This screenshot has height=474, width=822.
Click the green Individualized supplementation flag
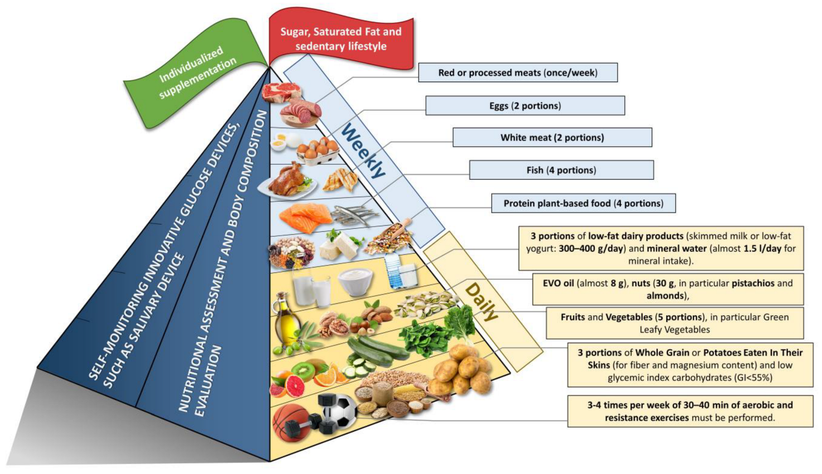pos(197,74)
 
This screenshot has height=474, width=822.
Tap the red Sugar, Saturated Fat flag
pos(341,39)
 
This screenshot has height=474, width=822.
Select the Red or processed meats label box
pos(517,73)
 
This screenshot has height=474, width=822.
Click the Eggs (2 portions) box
pos(525,106)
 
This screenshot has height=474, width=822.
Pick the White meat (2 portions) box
pos(552,138)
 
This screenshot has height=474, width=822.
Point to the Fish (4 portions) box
pos(561,170)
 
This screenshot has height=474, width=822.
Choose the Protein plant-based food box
pos(583,204)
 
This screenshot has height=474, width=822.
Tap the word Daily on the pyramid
pos(481,302)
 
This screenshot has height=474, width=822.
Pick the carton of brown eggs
pos(317,151)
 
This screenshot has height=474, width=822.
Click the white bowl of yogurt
pos(355,281)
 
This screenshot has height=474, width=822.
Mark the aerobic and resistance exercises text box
pos(690,412)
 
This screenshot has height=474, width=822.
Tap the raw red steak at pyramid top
pos(282,93)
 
